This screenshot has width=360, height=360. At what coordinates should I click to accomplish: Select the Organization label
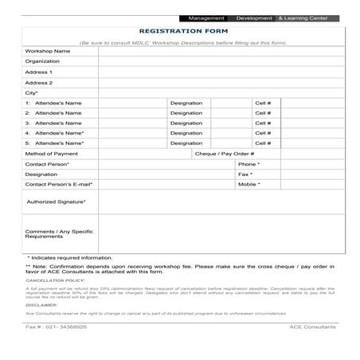[42, 61]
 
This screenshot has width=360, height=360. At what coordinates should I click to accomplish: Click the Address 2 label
[39, 82]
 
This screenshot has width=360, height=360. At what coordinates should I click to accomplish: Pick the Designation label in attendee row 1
[186, 103]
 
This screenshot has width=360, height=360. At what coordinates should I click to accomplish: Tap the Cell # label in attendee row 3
[263, 123]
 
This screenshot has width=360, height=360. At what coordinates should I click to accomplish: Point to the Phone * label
[248, 163]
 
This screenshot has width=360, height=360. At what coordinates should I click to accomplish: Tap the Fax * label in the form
[245, 174]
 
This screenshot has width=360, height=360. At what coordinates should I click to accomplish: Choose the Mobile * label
[248, 184]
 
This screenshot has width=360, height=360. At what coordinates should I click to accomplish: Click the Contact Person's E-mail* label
[59, 184]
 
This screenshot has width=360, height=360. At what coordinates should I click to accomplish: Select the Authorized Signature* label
[56, 202]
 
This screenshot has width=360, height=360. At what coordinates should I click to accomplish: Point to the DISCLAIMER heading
[41, 304]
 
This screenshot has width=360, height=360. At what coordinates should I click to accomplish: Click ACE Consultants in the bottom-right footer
[311, 327]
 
